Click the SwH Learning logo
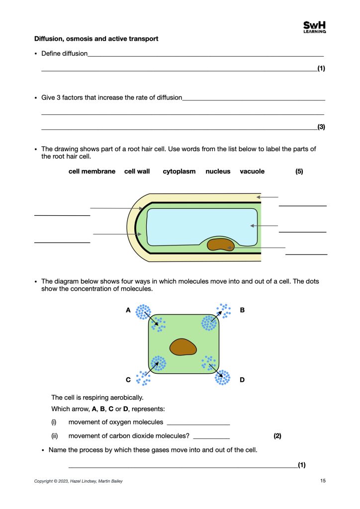(314, 27)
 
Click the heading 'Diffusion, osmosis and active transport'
(96, 39)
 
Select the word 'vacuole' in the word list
(252, 171)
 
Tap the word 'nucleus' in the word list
(218, 171)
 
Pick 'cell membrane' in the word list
(92, 171)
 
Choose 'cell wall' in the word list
(137, 171)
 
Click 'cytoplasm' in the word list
(179, 171)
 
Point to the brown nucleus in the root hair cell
(220, 244)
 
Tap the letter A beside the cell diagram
(128, 310)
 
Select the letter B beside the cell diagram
(242, 310)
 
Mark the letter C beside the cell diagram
(128, 380)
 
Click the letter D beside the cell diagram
(242, 380)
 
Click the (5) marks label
(299, 171)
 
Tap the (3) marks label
(321, 127)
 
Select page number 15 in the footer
(323, 481)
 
